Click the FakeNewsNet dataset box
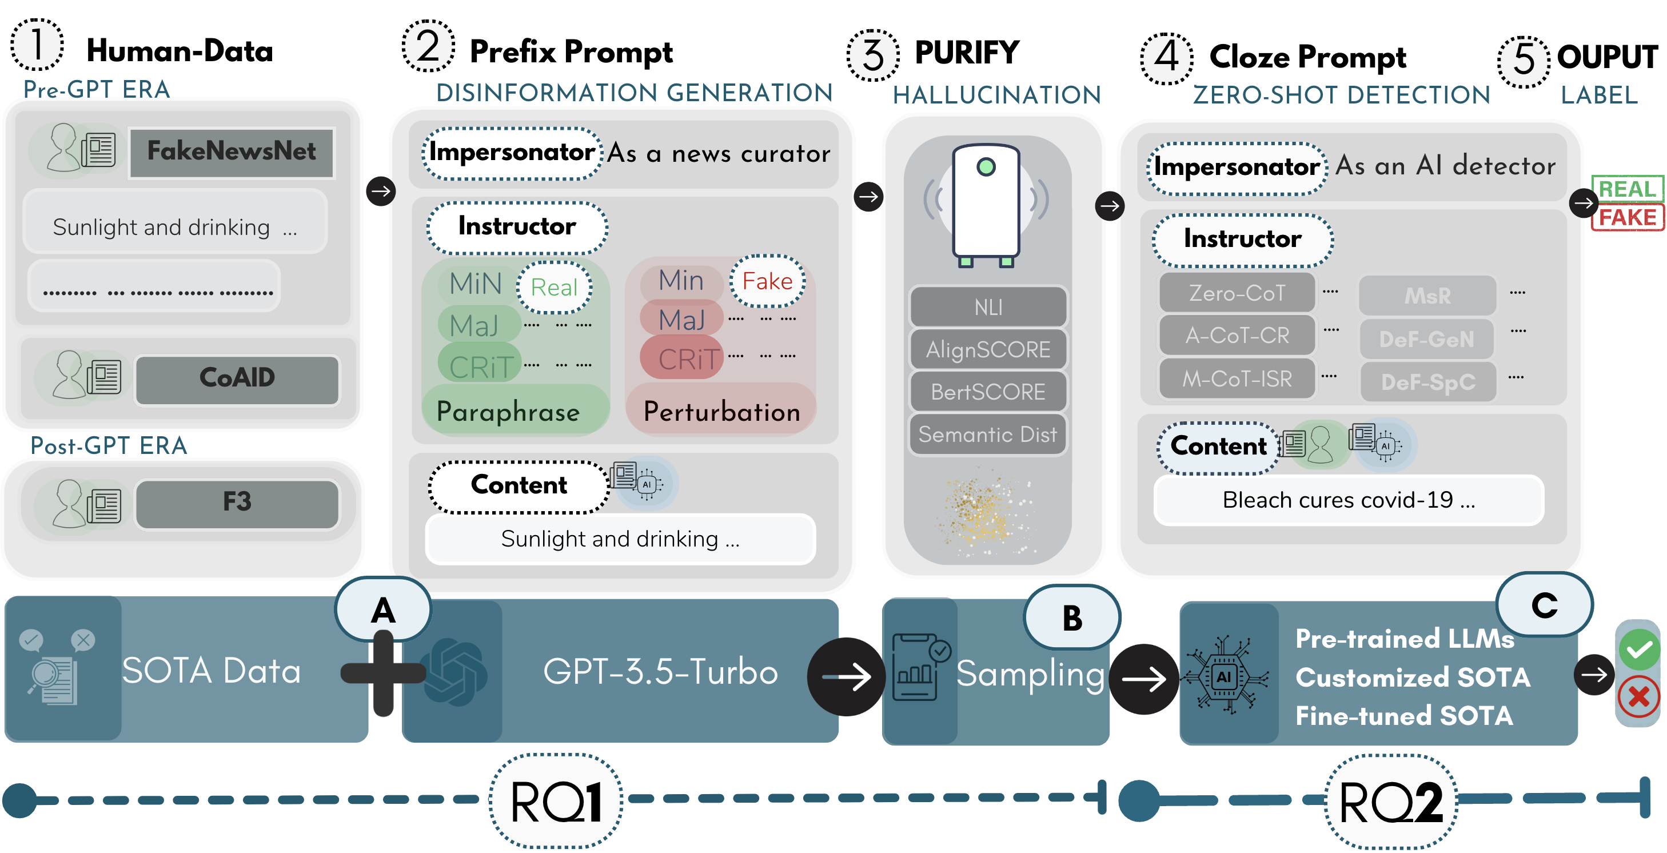point(231,152)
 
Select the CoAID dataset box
point(237,378)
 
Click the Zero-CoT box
point(1237,293)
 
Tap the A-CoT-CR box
point(1237,335)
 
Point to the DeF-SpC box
point(1427,382)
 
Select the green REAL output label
point(1626,189)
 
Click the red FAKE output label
point(1627,217)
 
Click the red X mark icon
point(1638,697)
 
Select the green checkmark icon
point(1638,649)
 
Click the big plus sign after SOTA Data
point(383,673)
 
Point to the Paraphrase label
point(508,412)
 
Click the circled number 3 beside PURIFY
point(873,55)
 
